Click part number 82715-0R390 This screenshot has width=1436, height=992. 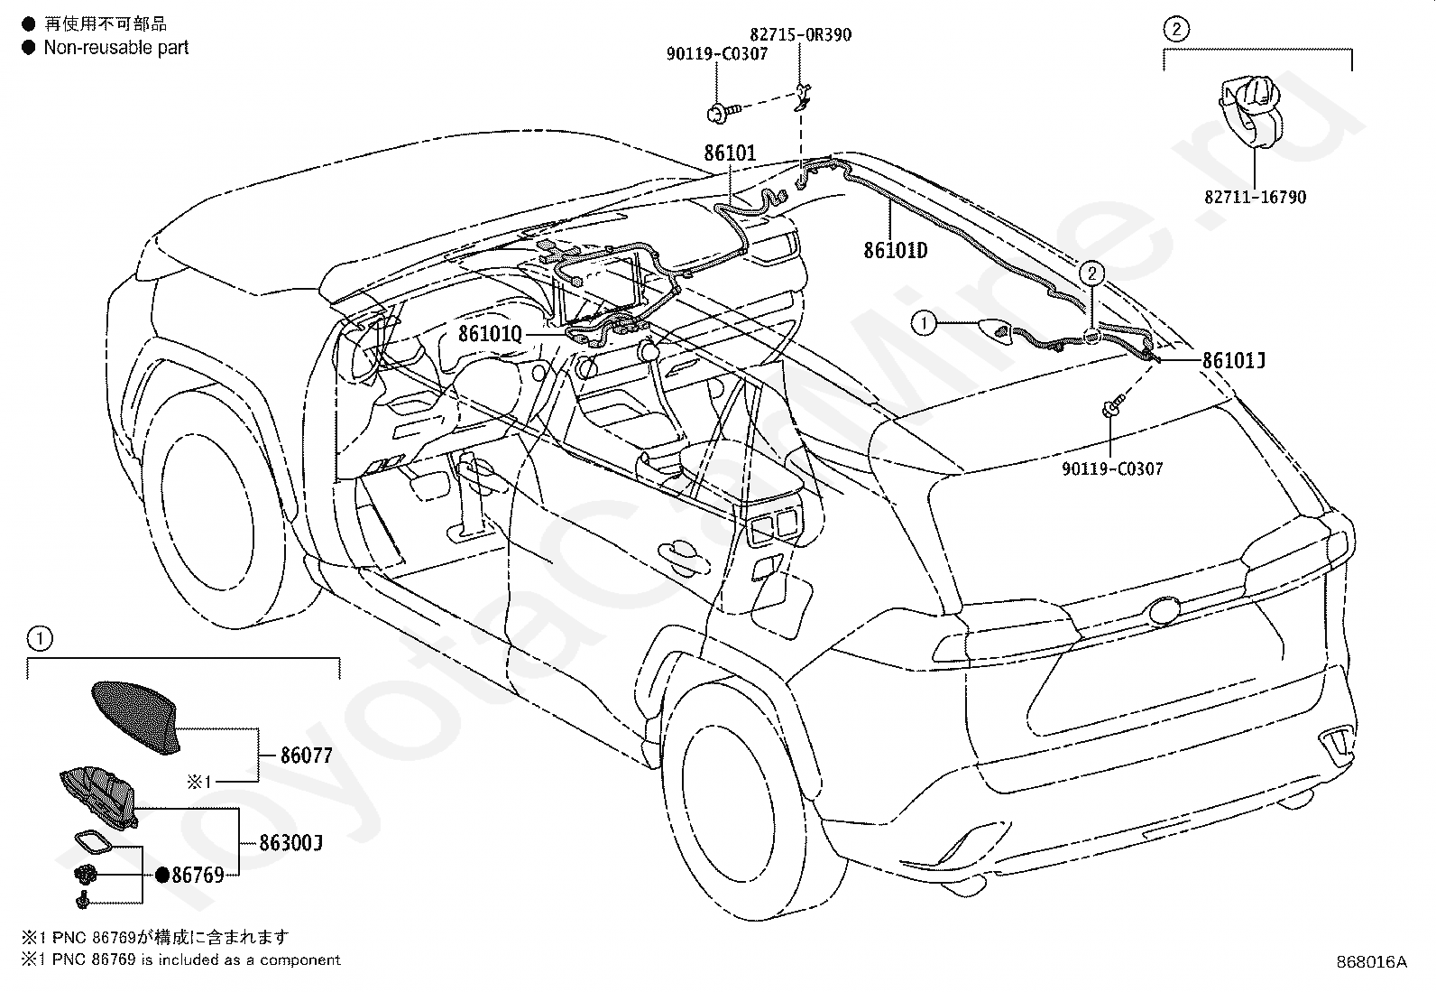click(801, 34)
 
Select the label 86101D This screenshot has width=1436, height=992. click(896, 250)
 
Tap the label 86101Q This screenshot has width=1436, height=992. click(491, 334)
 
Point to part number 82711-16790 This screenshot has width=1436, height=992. click(1256, 197)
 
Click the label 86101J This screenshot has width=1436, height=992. click(1234, 361)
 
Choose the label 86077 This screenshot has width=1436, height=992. click(307, 756)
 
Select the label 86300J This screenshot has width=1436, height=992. click(290, 842)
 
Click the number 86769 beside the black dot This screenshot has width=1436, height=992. click(198, 875)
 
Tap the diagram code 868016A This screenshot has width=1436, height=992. click(1372, 962)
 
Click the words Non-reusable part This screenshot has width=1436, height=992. click(116, 48)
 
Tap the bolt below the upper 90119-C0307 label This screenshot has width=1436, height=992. click(723, 113)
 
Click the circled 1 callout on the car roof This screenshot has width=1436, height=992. click(924, 323)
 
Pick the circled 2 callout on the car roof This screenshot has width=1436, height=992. click(1091, 274)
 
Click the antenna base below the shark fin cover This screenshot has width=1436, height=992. click(98, 798)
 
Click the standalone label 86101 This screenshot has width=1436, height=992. click(731, 153)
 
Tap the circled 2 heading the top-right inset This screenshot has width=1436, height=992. click(1175, 29)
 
